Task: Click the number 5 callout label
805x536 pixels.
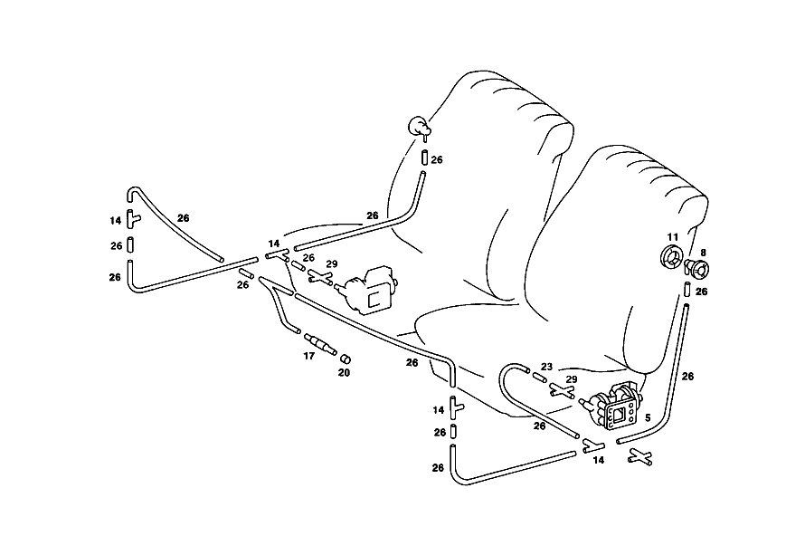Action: tap(648, 417)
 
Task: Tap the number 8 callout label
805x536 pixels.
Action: tap(704, 253)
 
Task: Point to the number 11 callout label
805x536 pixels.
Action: tap(673, 237)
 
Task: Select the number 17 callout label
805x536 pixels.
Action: tap(308, 356)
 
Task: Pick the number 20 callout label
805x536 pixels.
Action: tap(344, 373)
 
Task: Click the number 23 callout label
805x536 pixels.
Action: tap(546, 367)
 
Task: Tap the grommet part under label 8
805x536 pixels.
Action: tap(696, 268)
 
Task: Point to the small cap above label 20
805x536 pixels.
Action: tap(346, 358)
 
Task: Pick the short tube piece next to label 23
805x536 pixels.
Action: tap(539, 378)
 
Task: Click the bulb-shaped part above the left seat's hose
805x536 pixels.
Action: tap(419, 127)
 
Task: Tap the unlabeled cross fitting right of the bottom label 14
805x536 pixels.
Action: tap(640, 457)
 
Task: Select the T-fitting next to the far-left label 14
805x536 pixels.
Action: tap(133, 219)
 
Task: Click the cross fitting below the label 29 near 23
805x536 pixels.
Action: tap(562, 390)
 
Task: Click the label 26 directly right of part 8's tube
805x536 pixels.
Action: tap(701, 292)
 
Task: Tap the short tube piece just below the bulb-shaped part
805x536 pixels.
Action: tap(424, 158)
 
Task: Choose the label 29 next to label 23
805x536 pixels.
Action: tap(572, 379)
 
